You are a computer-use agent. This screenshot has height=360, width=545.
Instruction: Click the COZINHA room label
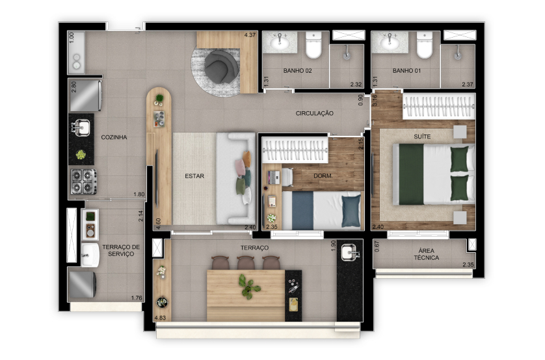(114, 137)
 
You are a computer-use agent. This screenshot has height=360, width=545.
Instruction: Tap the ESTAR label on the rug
(194, 176)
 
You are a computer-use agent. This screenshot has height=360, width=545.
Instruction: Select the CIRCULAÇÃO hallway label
(315, 113)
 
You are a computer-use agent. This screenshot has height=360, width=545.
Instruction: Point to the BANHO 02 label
(297, 70)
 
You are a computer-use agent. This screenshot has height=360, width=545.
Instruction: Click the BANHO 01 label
(406, 70)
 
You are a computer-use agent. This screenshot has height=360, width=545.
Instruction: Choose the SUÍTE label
(422, 136)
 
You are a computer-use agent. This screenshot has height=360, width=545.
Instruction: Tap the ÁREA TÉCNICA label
(427, 254)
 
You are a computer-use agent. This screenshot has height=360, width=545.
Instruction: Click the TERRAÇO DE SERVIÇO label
(121, 250)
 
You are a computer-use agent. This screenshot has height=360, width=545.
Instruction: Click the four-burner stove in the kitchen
(84, 181)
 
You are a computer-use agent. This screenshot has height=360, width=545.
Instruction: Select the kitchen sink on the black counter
(81, 127)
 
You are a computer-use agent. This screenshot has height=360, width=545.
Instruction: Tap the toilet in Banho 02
(313, 45)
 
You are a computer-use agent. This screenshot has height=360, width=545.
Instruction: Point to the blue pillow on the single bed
(351, 211)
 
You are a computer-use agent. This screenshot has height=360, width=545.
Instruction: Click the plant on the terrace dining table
(249, 287)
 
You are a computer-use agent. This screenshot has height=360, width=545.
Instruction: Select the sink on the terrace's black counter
(350, 252)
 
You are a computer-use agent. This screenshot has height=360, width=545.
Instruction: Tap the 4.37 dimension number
(250, 34)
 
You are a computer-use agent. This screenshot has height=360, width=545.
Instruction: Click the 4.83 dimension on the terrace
(160, 318)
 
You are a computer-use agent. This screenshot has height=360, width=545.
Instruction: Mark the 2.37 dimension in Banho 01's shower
(468, 84)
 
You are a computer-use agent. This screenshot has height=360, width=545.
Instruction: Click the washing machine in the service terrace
(82, 285)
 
